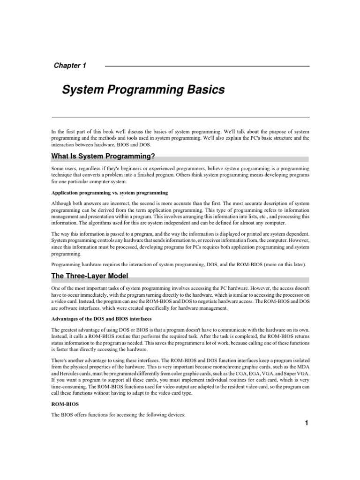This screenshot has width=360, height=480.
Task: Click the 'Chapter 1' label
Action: pos(70,66)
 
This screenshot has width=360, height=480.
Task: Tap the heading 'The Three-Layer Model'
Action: pos(90,276)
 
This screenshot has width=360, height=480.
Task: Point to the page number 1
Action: pos(306,423)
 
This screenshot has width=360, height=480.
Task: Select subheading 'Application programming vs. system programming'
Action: pos(110,193)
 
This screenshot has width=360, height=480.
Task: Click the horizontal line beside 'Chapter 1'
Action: pos(207,66)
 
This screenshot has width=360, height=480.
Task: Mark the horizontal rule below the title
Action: pos(180,117)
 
